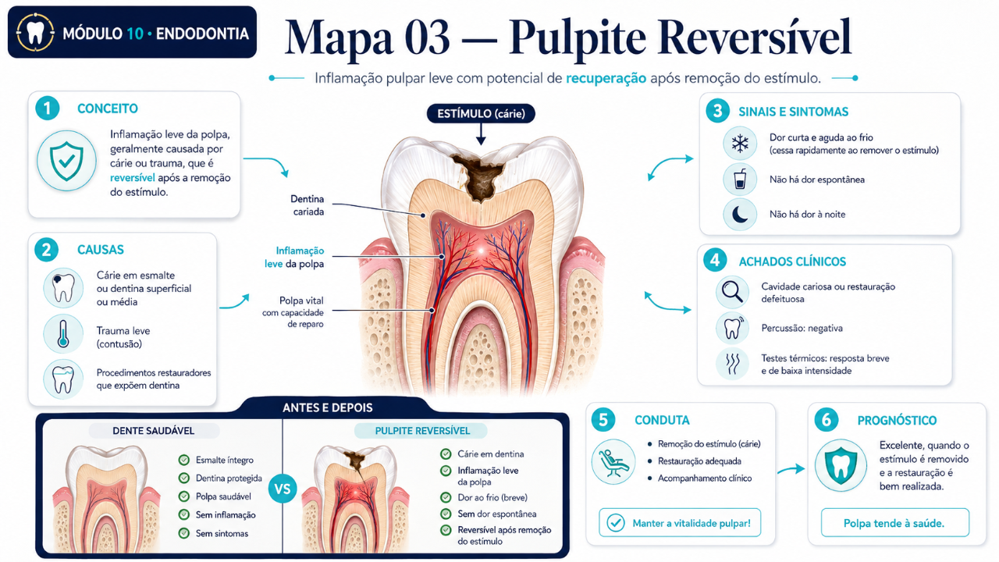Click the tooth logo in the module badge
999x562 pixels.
point(35,32)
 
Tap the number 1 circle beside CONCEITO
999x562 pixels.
point(48,108)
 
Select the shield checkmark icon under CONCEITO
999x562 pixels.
point(66,161)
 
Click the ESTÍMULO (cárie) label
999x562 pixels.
point(481,114)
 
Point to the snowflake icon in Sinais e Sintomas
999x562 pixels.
point(740,144)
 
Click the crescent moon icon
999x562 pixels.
point(740,215)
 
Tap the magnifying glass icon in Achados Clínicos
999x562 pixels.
point(732,292)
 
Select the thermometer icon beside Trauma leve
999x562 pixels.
point(63,333)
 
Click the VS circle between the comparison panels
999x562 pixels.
point(283,489)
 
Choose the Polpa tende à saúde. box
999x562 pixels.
point(894,523)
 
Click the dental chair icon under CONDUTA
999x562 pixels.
point(613,462)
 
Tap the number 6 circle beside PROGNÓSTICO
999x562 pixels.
point(826,420)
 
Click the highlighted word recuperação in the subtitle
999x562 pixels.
point(606,79)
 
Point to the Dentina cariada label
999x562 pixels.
point(308,205)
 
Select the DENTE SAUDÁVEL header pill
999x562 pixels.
point(154,431)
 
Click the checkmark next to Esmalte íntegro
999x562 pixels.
point(183,460)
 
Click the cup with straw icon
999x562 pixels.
point(740,180)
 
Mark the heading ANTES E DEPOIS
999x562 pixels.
point(328,407)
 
